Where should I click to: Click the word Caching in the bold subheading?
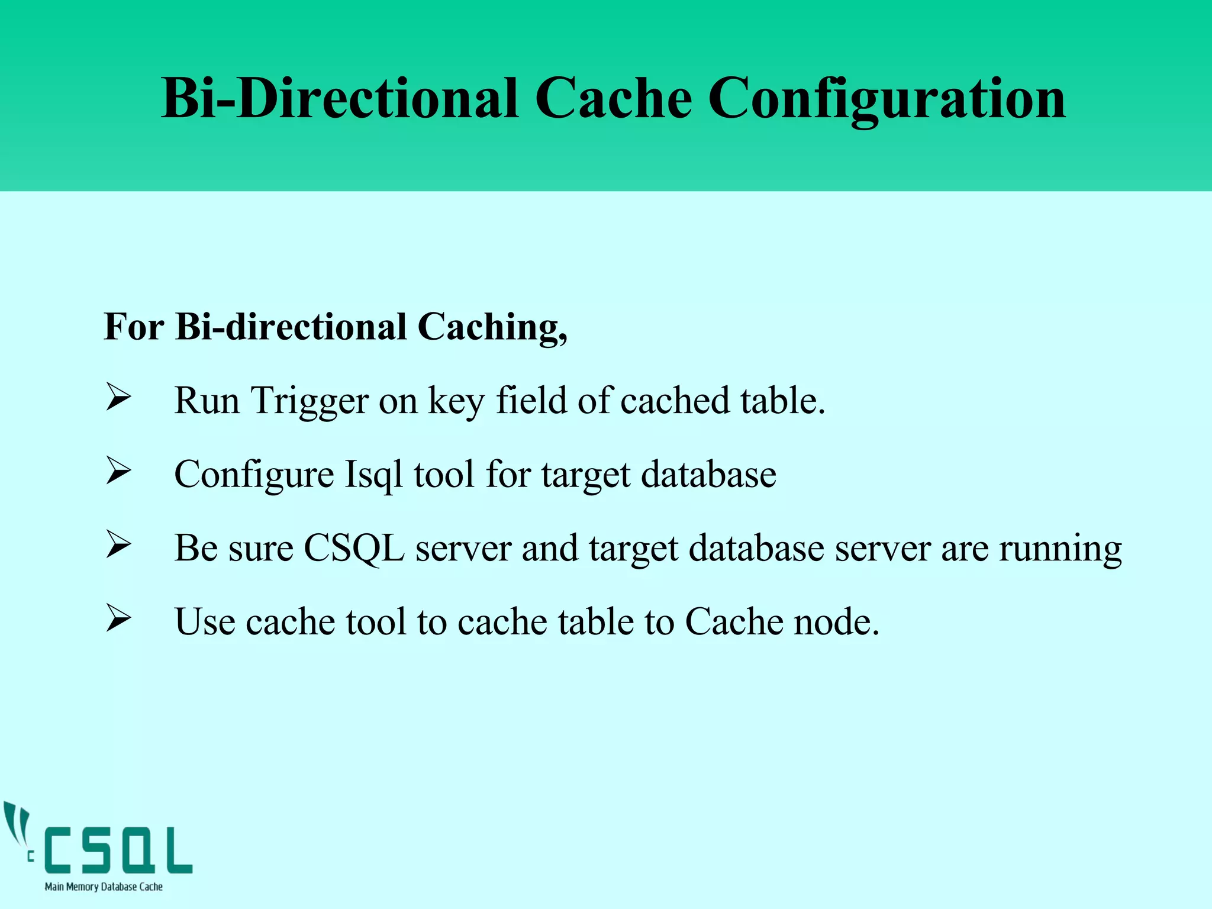pos(492,327)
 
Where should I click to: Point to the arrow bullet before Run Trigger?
pos(118,398)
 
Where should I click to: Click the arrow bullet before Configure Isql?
pos(118,472)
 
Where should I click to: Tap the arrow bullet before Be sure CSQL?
pos(118,545)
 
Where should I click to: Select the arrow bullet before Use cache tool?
pos(118,619)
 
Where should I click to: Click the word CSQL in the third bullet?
pos(353,549)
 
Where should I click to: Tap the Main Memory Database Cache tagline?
pos(104,887)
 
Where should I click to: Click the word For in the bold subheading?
pos(134,327)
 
